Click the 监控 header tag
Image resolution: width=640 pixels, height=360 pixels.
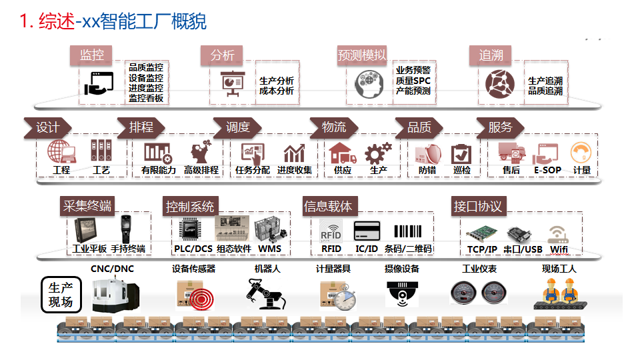[91, 55]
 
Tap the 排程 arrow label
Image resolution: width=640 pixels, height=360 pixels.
[141, 127]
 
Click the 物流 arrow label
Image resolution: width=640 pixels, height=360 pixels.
[334, 127]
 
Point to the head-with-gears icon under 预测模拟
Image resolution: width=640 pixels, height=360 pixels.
[369, 84]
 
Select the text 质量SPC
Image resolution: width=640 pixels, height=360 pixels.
[413, 81]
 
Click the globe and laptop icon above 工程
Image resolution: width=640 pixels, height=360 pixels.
[61, 151]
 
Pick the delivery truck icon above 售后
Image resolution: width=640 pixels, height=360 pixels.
[511, 152]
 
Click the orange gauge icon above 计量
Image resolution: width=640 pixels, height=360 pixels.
[581, 152]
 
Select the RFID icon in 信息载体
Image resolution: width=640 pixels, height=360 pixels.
[331, 231]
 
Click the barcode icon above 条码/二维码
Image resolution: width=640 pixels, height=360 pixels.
[408, 231]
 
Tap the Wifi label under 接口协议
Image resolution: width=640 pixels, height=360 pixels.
[559, 249]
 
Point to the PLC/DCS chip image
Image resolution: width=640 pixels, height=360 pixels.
[190, 229]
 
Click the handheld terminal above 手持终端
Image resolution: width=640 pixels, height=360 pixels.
[126, 229]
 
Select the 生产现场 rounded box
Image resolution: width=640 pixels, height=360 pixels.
[61, 295]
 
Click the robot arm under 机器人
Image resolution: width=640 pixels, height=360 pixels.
[265, 293]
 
